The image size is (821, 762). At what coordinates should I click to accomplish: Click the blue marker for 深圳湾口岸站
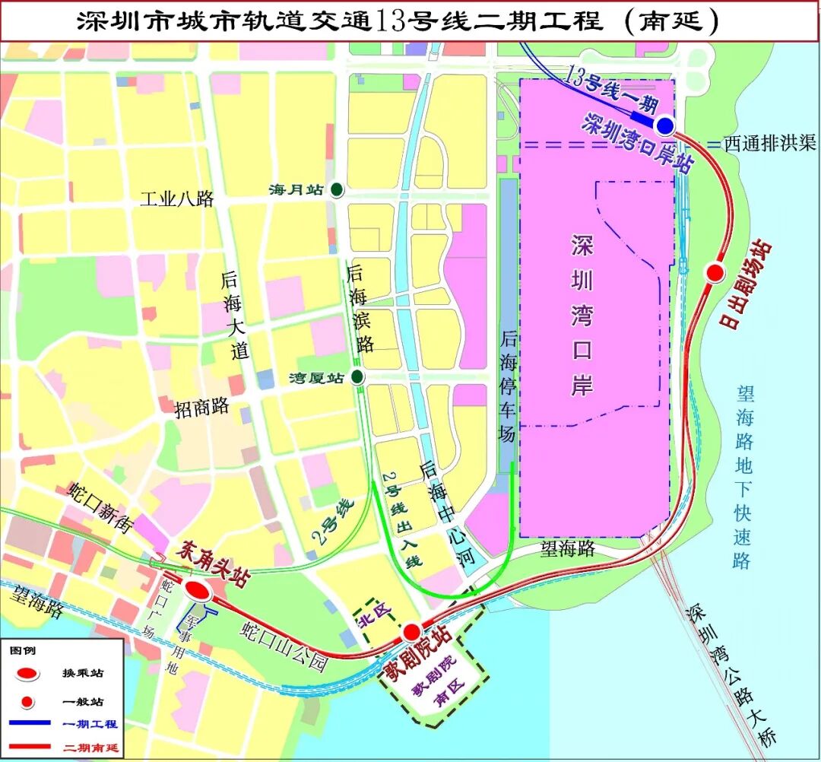point(665,125)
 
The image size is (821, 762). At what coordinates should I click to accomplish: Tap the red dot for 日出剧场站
point(714,272)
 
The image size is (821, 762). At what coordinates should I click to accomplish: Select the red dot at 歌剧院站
point(411,631)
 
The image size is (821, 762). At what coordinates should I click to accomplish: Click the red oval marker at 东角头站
point(198,590)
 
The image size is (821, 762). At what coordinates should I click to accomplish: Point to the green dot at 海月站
point(335,189)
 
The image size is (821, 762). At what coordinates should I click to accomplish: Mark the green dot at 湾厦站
point(357,377)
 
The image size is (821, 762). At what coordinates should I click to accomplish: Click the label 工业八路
point(177,200)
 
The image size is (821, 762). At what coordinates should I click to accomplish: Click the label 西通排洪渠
point(769,143)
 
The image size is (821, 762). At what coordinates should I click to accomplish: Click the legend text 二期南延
point(90,748)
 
